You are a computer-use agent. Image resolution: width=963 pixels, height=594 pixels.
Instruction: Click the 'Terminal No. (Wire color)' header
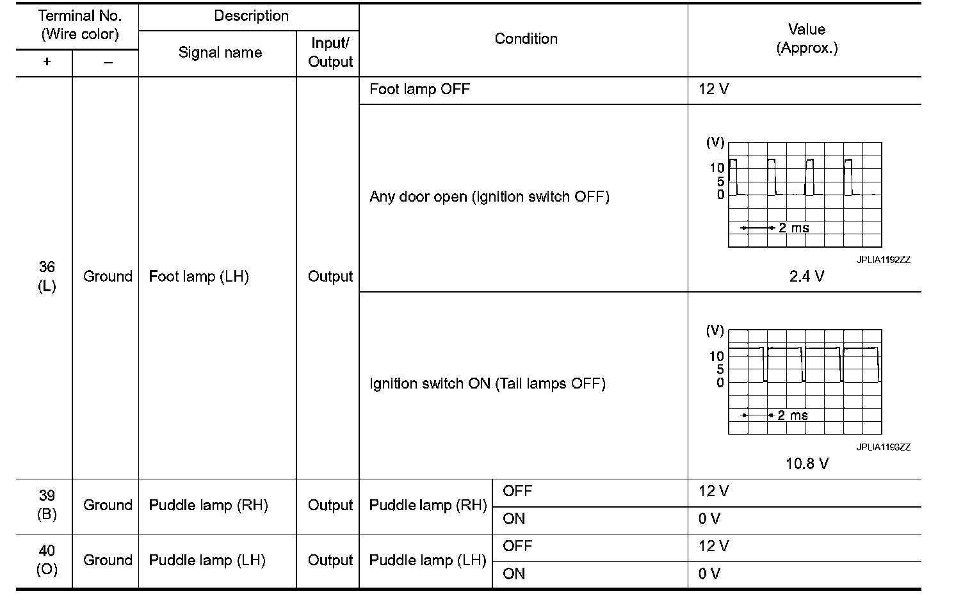[x=80, y=24]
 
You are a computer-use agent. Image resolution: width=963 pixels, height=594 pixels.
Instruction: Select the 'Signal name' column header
[x=220, y=52]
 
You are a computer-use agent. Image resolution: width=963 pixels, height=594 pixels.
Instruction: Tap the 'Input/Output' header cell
[x=330, y=52]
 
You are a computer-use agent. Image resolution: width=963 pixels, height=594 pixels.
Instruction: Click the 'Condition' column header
[x=526, y=39]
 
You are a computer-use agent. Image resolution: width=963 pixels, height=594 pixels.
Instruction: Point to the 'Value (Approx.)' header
[x=806, y=38]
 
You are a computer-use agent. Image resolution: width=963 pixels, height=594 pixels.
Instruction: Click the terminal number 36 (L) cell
[x=47, y=277]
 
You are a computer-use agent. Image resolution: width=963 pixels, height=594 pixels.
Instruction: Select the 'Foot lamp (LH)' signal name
[x=198, y=277]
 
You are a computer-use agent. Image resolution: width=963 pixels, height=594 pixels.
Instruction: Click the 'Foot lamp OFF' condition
[x=419, y=89]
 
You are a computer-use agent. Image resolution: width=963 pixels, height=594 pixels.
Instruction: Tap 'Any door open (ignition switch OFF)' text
[x=489, y=197]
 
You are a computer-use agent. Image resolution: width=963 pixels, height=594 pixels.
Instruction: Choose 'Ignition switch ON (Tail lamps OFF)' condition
[x=487, y=383]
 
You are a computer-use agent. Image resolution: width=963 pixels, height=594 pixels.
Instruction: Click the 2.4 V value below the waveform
[x=806, y=277]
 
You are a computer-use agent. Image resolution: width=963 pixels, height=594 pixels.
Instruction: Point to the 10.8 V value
[x=807, y=463]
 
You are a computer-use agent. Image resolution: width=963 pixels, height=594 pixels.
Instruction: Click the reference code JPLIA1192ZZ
[x=883, y=260]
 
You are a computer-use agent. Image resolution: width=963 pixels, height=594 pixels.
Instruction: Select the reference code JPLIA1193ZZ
[x=883, y=447]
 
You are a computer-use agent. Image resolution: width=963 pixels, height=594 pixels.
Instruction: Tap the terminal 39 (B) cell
[x=47, y=505]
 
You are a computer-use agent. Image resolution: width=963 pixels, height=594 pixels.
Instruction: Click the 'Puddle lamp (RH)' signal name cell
[x=208, y=505]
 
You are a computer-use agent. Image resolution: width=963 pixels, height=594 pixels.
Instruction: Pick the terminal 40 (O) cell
[x=47, y=560]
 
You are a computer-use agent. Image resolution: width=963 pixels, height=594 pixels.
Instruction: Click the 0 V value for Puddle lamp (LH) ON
[x=709, y=574]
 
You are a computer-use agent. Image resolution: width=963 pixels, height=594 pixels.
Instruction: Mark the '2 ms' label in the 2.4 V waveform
[x=793, y=228]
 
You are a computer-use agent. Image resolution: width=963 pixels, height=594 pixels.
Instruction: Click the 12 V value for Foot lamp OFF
[x=713, y=89]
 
